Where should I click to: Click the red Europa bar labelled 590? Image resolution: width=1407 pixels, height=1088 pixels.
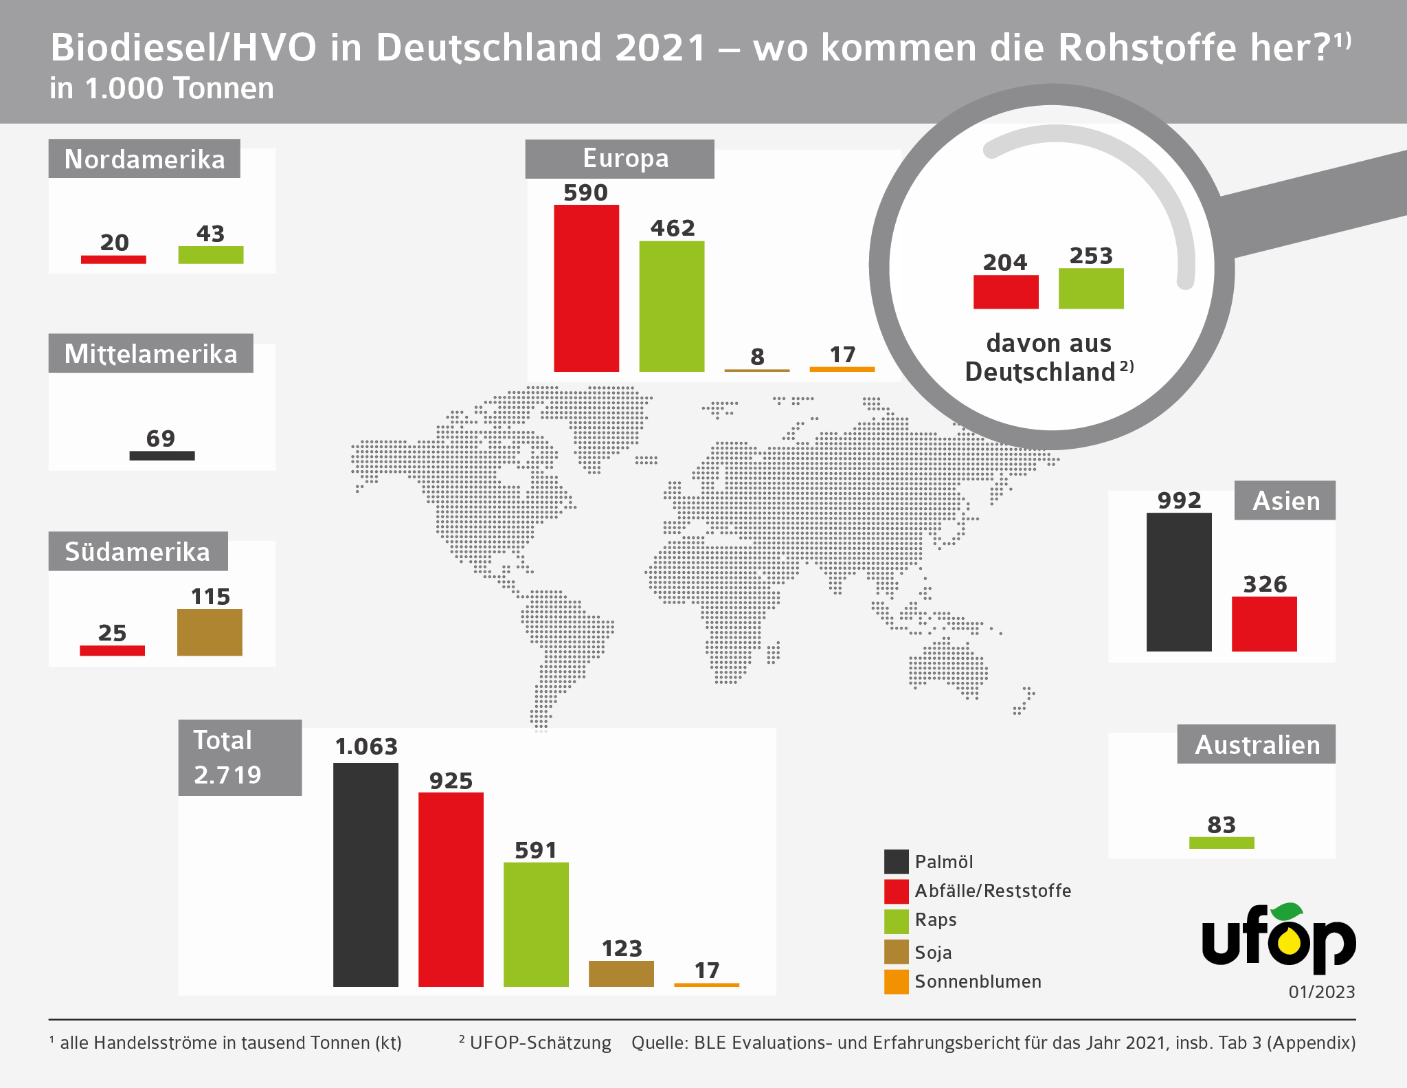(x=586, y=288)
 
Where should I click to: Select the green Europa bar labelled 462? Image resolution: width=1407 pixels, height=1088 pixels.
(x=671, y=306)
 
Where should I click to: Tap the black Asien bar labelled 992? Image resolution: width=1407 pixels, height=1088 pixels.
(x=1179, y=581)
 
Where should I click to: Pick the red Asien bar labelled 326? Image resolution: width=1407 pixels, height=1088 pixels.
(x=1264, y=623)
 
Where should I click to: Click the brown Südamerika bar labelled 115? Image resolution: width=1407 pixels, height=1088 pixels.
(x=210, y=632)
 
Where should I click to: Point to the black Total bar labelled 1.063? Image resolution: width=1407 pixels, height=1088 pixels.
(x=365, y=874)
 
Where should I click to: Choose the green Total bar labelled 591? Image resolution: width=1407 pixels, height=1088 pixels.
(x=536, y=924)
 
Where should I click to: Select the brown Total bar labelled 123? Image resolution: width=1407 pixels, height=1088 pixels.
(x=621, y=973)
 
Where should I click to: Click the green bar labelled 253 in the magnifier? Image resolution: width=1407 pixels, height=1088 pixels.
(x=1091, y=289)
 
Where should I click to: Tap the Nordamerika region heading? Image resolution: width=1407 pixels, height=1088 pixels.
(x=144, y=159)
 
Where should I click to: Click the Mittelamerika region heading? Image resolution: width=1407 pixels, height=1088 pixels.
(x=150, y=354)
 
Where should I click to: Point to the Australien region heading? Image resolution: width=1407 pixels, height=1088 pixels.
(x=1257, y=744)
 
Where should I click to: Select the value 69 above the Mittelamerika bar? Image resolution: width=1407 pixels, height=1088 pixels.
(x=161, y=438)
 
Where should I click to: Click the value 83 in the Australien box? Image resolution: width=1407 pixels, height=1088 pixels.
(x=1222, y=824)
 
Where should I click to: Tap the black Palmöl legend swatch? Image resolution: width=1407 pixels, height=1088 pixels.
(x=896, y=861)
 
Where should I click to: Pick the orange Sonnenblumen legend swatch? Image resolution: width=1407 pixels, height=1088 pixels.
(x=896, y=981)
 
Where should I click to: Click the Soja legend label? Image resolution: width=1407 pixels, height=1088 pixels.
(x=933, y=952)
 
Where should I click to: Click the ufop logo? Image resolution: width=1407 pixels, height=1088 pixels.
(x=1279, y=939)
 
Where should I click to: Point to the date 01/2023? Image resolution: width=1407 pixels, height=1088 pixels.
(x=1321, y=992)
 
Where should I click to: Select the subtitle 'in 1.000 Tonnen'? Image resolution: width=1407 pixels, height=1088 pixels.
(x=162, y=89)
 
